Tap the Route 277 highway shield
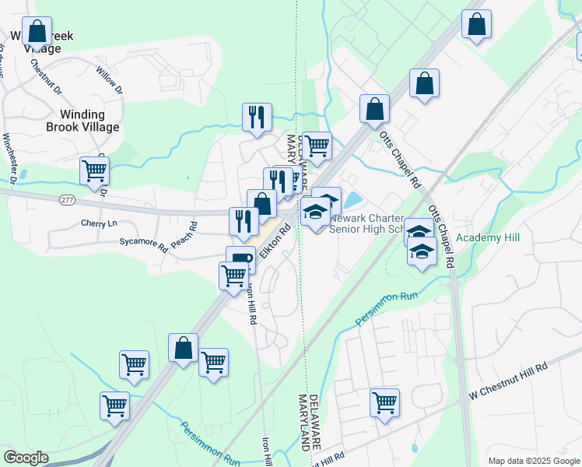click(x=66, y=200)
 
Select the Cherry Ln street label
click(x=98, y=223)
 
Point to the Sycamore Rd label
click(x=143, y=245)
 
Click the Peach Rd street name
click(x=184, y=236)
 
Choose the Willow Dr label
click(x=110, y=80)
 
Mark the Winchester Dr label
click(x=9, y=159)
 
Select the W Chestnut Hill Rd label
click(x=507, y=383)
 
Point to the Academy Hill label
click(x=487, y=237)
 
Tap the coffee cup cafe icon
click(x=240, y=258)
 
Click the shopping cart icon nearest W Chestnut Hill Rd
click(x=384, y=402)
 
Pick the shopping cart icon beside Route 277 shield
click(x=94, y=170)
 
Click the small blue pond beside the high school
click(x=352, y=200)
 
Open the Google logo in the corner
click(x=26, y=458)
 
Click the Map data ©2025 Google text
click(x=534, y=461)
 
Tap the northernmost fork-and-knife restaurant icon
click(x=257, y=117)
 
